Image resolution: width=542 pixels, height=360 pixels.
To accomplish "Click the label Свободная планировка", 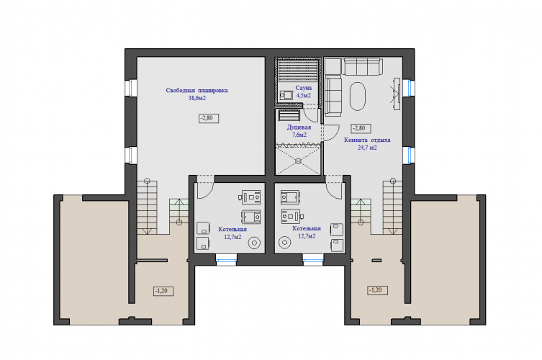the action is click(197, 91).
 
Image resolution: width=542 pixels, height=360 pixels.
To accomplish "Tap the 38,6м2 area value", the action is click(197, 98).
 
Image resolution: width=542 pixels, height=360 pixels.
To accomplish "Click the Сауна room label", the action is click(304, 88).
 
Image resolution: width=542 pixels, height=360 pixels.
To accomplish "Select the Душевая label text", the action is click(299, 127).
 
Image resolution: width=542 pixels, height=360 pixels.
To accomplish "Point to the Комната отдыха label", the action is click(367, 140).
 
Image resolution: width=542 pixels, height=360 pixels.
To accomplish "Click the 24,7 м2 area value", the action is click(367, 148).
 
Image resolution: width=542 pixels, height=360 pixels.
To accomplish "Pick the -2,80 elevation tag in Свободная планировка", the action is click(209, 118).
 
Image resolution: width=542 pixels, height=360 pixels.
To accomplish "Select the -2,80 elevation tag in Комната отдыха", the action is click(361, 128).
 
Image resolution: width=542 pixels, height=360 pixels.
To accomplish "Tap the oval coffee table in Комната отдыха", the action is click(358, 96).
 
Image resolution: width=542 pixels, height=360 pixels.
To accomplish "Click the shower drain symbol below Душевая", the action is click(298, 161).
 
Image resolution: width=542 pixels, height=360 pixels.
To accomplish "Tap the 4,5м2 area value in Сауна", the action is click(304, 96).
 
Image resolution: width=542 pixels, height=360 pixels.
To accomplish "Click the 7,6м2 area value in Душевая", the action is click(299, 135).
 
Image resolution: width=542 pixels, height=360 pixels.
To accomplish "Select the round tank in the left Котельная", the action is click(254, 243).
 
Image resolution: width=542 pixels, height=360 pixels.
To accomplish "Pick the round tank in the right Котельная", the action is click(285, 243).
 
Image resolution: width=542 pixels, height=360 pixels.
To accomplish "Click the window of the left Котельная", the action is click(227, 260).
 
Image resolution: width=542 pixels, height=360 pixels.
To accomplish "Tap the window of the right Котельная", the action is click(313, 260).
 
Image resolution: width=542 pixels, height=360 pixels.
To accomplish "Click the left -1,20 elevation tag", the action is click(163, 291).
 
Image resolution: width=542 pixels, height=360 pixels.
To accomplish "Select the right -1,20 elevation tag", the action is click(377, 290).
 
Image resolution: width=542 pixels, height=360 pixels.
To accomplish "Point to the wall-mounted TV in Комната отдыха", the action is click(397, 94).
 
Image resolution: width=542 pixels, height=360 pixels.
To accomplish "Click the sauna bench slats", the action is click(298, 71).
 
